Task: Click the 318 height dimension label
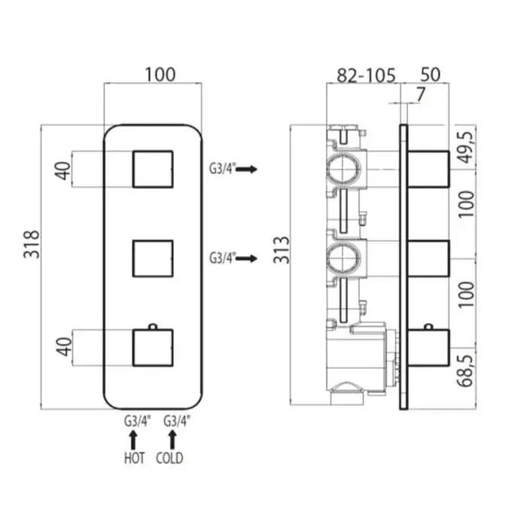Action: click(x=32, y=245)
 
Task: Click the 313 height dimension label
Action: click(x=281, y=250)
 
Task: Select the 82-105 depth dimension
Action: click(x=367, y=75)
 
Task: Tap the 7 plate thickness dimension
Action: click(x=420, y=94)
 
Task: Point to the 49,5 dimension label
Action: click(x=466, y=148)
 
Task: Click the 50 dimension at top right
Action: click(x=430, y=75)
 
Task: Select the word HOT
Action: click(x=135, y=458)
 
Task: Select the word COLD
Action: click(x=169, y=458)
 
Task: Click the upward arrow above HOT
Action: click(x=133, y=440)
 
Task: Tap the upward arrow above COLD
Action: click(x=172, y=440)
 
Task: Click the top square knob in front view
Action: click(x=153, y=169)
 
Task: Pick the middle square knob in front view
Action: click(x=153, y=258)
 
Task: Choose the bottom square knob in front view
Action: click(x=153, y=347)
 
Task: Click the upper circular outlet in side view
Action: click(x=344, y=169)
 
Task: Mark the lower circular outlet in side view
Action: click(x=344, y=258)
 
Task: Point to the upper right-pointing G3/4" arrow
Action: click(x=246, y=169)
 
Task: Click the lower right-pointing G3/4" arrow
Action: click(x=246, y=258)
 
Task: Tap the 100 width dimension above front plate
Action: click(x=160, y=75)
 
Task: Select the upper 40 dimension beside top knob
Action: click(x=63, y=171)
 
